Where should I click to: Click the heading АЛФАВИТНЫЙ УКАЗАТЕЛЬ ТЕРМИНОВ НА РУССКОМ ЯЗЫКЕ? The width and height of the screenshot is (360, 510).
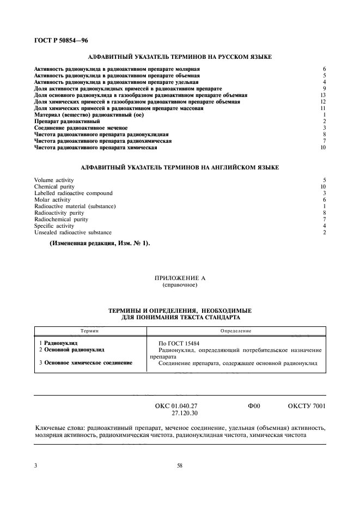[180, 57]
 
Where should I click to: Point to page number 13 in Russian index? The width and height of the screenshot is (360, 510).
[323, 95]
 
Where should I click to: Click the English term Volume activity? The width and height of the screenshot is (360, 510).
[54, 180]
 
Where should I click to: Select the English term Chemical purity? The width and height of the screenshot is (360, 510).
[54, 186]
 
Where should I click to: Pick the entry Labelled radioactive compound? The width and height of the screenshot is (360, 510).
[73, 193]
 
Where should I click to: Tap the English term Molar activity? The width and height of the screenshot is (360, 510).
[52, 199]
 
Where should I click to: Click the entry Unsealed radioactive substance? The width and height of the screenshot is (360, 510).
[72, 232]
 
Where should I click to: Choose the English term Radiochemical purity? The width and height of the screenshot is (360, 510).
[61, 219]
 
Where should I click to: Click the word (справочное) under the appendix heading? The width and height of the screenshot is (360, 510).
[180, 285]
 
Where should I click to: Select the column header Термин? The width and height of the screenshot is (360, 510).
[89, 331]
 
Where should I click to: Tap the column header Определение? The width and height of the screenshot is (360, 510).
[235, 331]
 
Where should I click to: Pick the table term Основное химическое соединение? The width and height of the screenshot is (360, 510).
[86, 363]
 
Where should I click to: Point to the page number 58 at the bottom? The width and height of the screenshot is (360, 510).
[180, 465]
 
